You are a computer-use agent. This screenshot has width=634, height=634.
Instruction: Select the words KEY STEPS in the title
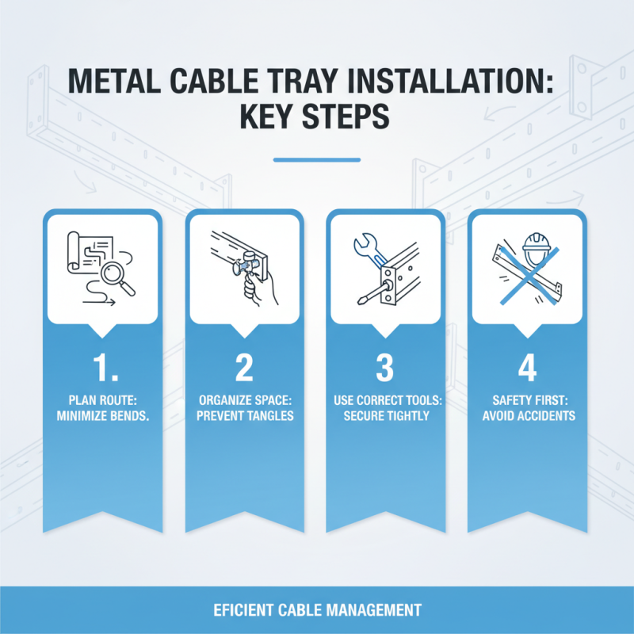tap(316, 118)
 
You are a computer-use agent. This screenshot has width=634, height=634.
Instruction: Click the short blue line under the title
tap(316, 159)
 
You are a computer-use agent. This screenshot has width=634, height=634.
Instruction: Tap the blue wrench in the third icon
tap(367, 251)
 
